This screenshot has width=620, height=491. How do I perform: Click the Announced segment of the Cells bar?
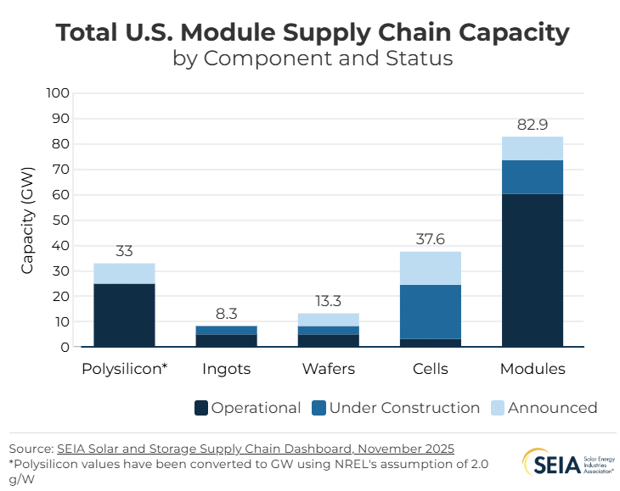pyautogui.click(x=430, y=268)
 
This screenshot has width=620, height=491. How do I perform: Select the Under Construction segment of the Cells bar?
pyautogui.click(x=430, y=311)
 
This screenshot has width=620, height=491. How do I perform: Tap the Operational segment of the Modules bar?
pyautogui.click(x=533, y=270)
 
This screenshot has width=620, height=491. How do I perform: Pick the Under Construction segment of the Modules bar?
pyautogui.click(x=533, y=176)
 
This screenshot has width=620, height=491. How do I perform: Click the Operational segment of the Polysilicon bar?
pyautogui.click(x=124, y=315)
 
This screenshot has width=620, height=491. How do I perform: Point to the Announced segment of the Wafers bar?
pyautogui.click(x=328, y=320)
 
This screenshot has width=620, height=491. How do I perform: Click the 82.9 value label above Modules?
pyautogui.click(x=533, y=125)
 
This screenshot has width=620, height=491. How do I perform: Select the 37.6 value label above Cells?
pyautogui.click(x=430, y=240)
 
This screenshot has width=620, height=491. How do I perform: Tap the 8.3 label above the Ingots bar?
pyautogui.click(x=226, y=314)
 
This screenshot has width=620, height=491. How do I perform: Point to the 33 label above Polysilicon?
pyautogui.click(x=124, y=251)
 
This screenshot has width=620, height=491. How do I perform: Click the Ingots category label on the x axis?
pyautogui.click(x=226, y=370)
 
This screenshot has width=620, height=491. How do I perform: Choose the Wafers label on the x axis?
pyautogui.click(x=328, y=370)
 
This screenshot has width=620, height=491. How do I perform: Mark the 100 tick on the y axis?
pyautogui.click(x=58, y=92)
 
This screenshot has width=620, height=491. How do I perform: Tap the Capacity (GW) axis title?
pyautogui.click(x=28, y=220)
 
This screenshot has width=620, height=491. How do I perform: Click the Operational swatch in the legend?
pyautogui.click(x=201, y=408)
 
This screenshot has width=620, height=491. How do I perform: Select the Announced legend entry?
pyautogui.click(x=544, y=408)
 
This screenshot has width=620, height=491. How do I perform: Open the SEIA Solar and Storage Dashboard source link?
pyautogui.click(x=256, y=448)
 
